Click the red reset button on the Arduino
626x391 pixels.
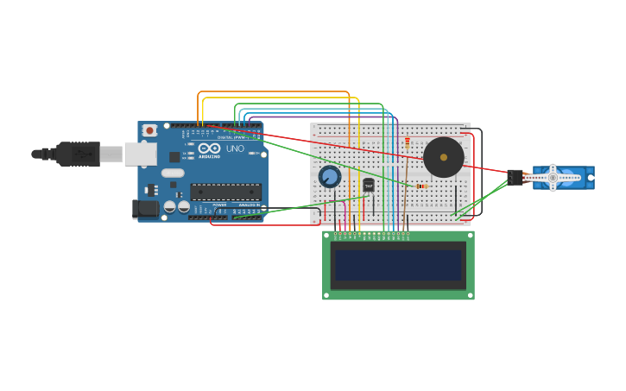[x=149, y=130]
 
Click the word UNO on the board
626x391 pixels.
[x=235, y=149]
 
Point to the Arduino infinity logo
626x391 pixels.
[x=209, y=148]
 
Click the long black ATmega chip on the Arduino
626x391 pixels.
[x=225, y=192]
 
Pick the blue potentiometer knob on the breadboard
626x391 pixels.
[x=329, y=177]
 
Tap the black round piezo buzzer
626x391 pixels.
[x=443, y=157]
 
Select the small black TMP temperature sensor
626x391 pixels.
[x=369, y=185]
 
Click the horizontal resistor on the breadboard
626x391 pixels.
[x=420, y=186]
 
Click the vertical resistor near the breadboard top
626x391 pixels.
[x=408, y=143]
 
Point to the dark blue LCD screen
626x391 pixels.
[x=398, y=265]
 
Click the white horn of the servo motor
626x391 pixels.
[x=553, y=177]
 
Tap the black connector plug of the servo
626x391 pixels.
[x=515, y=177]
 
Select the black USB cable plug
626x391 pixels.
[x=78, y=154]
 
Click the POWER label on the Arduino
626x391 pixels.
[x=219, y=205]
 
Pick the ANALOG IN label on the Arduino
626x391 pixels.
[x=248, y=205]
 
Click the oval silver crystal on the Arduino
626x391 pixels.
[x=173, y=173]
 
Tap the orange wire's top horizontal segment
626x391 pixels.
[x=273, y=92]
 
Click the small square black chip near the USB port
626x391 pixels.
[x=174, y=157]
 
